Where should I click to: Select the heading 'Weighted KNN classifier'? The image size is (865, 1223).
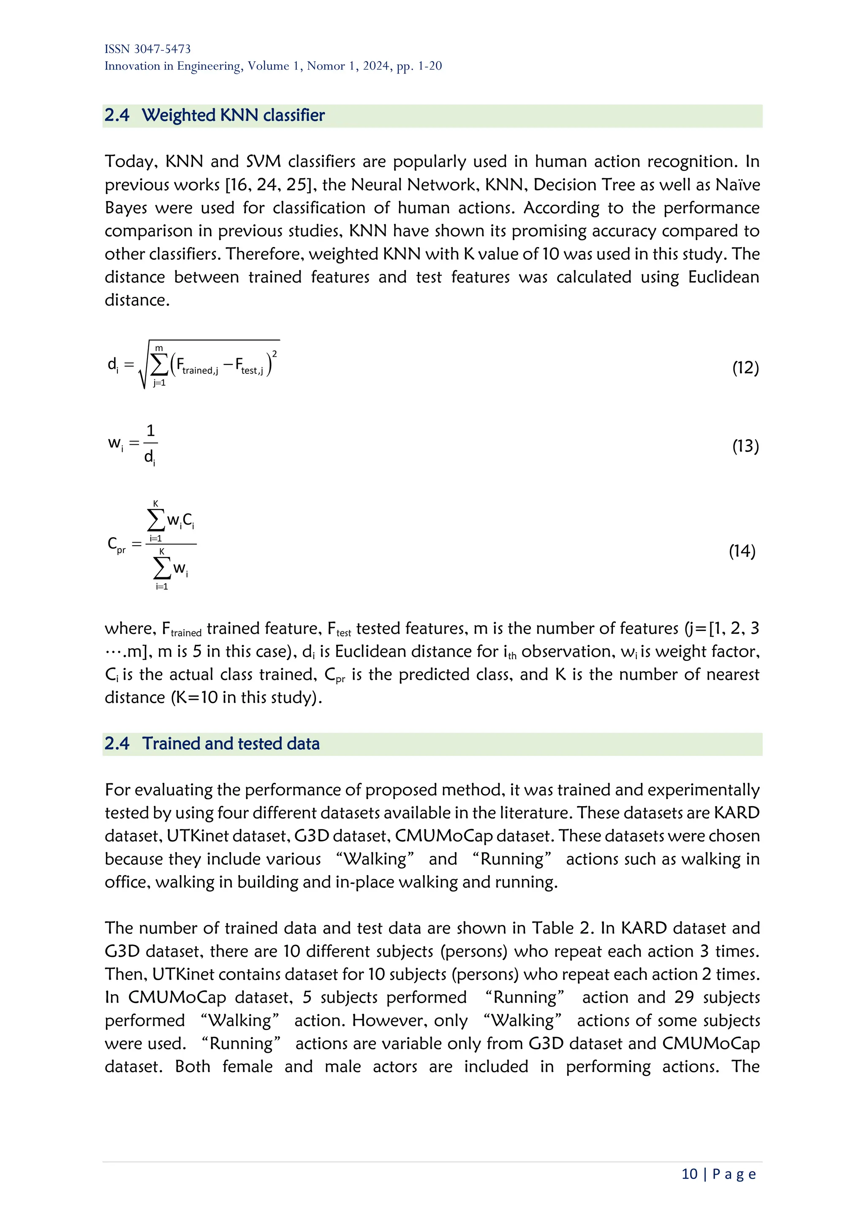(233, 116)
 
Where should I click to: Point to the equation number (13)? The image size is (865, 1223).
(745, 446)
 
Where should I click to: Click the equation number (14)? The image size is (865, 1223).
(742, 551)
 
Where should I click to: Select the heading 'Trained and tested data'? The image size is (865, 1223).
(231, 744)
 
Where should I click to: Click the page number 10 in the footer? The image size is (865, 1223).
(689, 1174)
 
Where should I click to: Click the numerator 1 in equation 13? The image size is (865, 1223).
(151, 430)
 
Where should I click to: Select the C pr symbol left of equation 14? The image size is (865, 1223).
(117, 544)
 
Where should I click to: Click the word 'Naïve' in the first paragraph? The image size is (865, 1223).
(737, 185)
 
